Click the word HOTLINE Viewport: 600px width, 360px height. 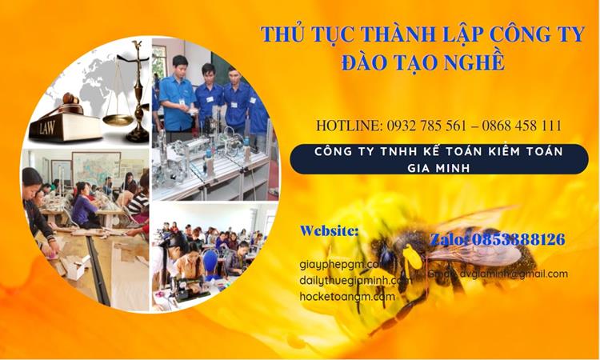coord(350,126)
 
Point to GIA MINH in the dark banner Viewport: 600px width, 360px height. coord(438,167)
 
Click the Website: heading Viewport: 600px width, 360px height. coord(329,230)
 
